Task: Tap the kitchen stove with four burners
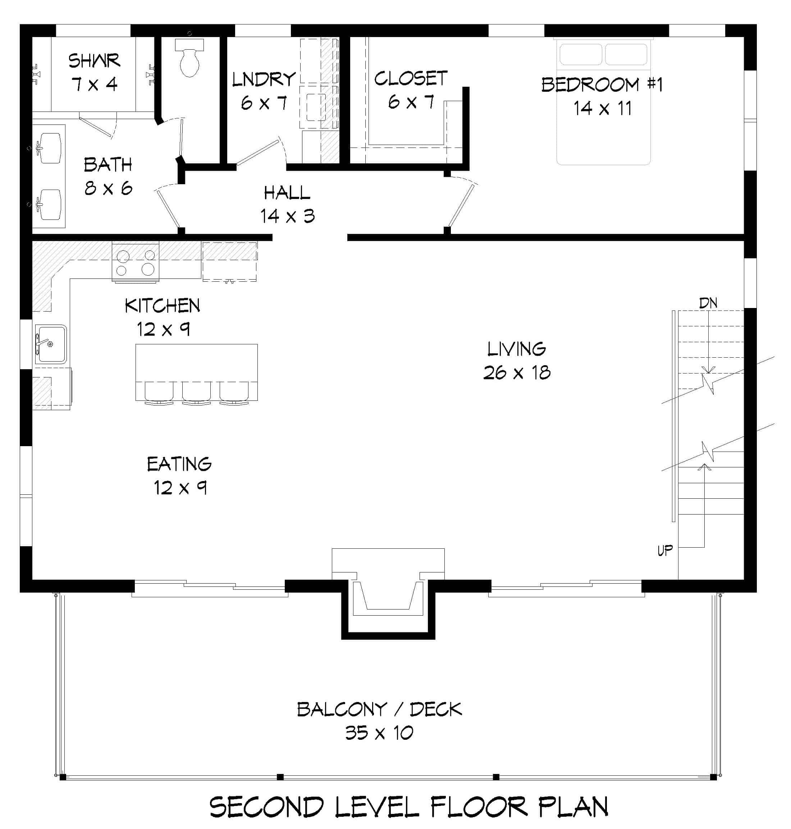[x=135, y=262]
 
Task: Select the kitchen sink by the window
[x=51, y=344]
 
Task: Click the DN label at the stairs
[x=708, y=303]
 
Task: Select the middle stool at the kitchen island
[x=196, y=392]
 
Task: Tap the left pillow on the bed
[x=580, y=54]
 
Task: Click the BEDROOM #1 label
[x=602, y=85]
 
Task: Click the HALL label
[x=287, y=193]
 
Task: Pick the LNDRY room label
[x=264, y=79]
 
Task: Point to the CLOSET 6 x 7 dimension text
[x=411, y=102]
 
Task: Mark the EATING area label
[x=179, y=464]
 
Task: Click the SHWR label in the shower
[x=94, y=61]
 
